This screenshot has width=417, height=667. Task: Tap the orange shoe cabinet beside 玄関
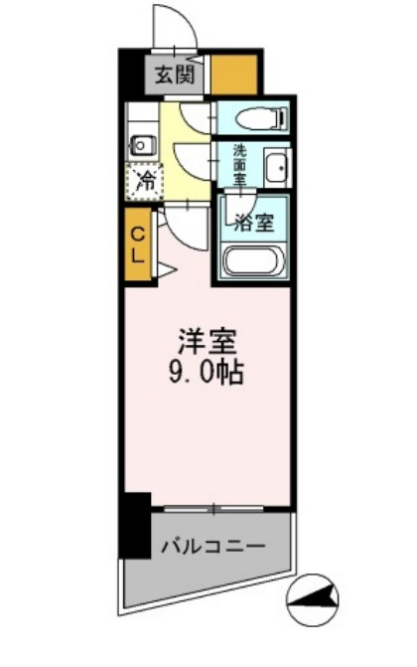236,74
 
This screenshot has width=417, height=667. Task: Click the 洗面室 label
239,164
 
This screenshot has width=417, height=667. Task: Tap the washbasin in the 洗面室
277,166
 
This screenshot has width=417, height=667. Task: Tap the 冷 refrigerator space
144,183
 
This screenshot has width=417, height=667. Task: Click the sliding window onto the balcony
213,508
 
